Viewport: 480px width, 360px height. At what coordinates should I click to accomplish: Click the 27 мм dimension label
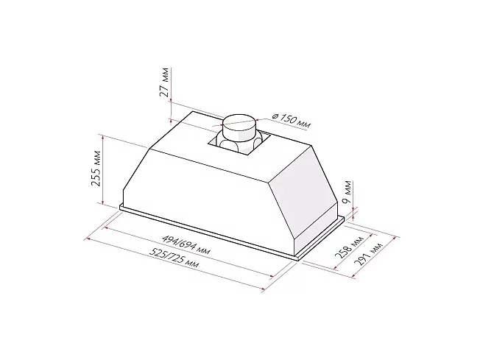pyautogui.click(x=165, y=82)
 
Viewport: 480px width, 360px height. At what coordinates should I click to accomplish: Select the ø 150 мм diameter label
pyautogui.click(x=292, y=120)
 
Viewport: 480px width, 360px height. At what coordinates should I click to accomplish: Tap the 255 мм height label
pyautogui.click(x=96, y=168)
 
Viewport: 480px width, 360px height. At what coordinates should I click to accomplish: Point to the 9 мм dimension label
pyautogui.click(x=347, y=192)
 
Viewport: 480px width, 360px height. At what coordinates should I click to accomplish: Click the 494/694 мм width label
pyautogui.click(x=186, y=244)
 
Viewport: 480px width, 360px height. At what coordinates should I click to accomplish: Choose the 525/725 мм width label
pyautogui.click(x=174, y=257)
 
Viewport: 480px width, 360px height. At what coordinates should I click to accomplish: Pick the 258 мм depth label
pyautogui.click(x=349, y=247)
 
